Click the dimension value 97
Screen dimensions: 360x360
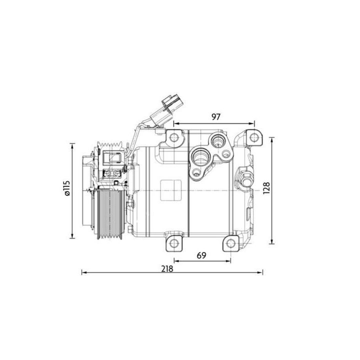coord(215,117)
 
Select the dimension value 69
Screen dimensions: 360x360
coord(201,255)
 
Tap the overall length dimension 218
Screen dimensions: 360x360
coord(167,268)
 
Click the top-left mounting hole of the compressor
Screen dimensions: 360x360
coord(174,137)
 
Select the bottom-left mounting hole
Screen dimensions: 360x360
coord(174,243)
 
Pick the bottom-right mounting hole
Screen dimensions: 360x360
coord(231,243)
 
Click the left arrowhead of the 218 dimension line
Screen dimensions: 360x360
coord(83,272)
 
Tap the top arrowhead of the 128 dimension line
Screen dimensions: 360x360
coord(271,137)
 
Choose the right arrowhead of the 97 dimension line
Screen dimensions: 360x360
coord(253,123)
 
